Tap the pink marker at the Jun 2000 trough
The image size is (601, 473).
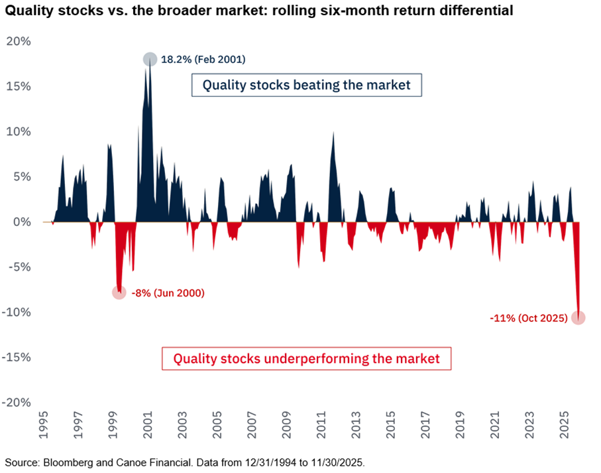pyautogui.click(x=119, y=292)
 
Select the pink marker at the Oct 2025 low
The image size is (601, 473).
pyautogui.click(x=578, y=318)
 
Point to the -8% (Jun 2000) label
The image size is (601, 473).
pyautogui.click(x=168, y=293)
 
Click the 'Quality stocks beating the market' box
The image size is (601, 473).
pyautogui.click(x=306, y=85)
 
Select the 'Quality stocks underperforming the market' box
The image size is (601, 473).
pyautogui.click(x=306, y=358)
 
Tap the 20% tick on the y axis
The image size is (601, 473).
pyautogui.click(x=19, y=41)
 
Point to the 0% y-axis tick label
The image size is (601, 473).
pyautogui.click(x=23, y=222)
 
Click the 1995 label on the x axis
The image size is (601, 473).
pyautogui.click(x=44, y=429)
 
